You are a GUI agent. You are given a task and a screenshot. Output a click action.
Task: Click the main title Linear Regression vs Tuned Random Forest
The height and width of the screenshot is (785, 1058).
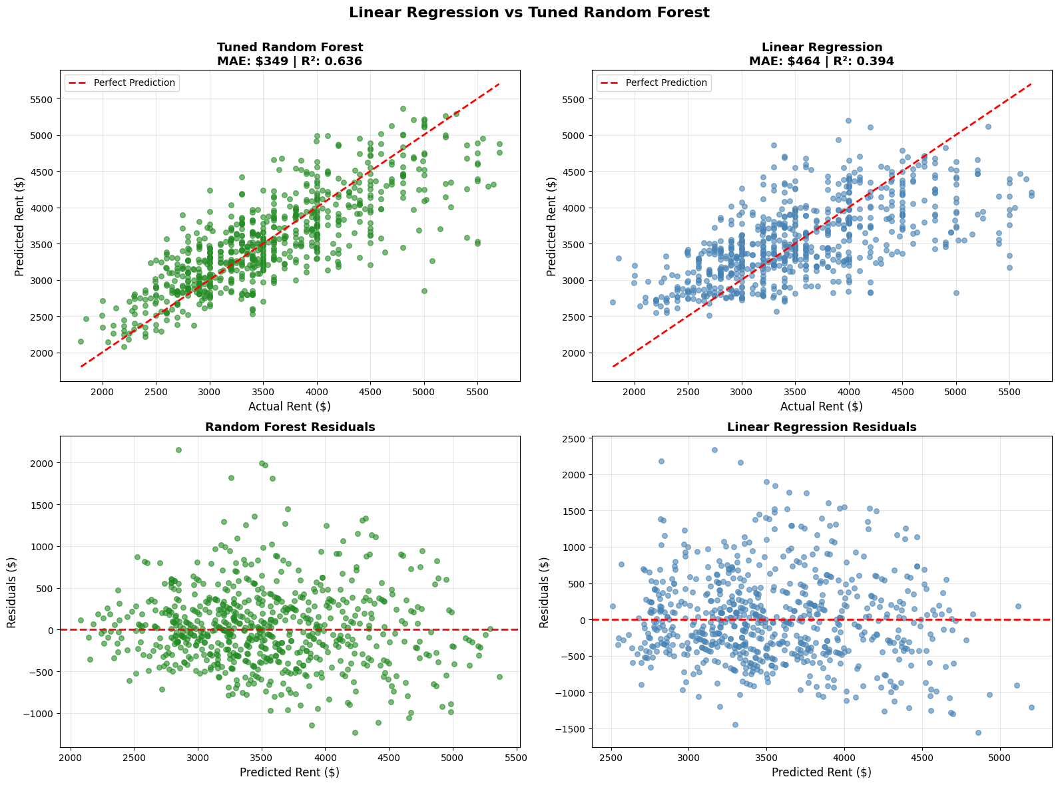(x=529, y=13)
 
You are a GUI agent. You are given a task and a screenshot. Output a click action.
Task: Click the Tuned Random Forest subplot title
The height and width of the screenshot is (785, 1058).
(x=290, y=47)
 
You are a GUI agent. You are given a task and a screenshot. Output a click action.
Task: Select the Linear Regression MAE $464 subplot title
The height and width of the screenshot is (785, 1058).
(x=822, y=61)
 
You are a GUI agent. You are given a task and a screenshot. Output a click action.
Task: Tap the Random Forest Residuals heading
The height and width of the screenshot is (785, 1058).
(x=290, y=427)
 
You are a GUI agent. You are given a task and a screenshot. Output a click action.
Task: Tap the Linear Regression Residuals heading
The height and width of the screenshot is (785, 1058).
(x=822, y=427)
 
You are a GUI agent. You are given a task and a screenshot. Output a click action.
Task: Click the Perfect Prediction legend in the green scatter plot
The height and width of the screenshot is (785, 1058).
(x=122, y=83)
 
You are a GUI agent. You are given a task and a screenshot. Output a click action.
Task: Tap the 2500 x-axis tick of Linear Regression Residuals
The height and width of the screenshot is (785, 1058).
(x=611, y=758)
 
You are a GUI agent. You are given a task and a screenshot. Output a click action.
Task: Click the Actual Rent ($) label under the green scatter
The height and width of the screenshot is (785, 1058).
(x=290, y=406)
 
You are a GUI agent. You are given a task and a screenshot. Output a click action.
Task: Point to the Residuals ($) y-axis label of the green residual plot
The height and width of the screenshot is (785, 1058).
(x=12, y=592)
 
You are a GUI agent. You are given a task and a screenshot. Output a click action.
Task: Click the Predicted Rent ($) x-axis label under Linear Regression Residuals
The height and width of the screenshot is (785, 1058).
(x=822, y=772)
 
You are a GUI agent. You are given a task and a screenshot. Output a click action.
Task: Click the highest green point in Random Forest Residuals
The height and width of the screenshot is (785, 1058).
(x=178, y=450)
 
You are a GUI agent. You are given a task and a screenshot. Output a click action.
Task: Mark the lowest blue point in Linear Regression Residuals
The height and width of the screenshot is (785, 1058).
(x=978, y=732)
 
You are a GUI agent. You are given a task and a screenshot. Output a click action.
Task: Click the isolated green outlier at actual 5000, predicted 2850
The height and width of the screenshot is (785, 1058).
(x=424, y=291)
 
